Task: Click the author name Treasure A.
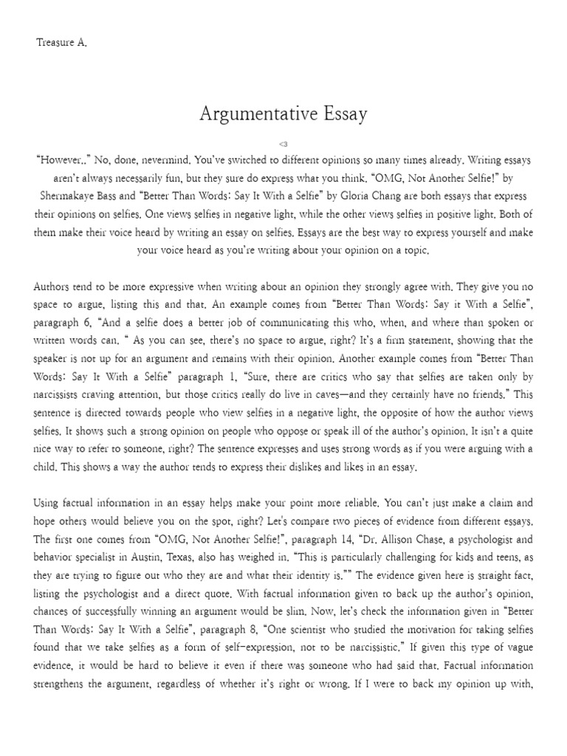pyautogui.click(x=61, y=43)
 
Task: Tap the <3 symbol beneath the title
pyautogui.click(x=283, y=143)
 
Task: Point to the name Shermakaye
pyautogui.click(x=73, y=196)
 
